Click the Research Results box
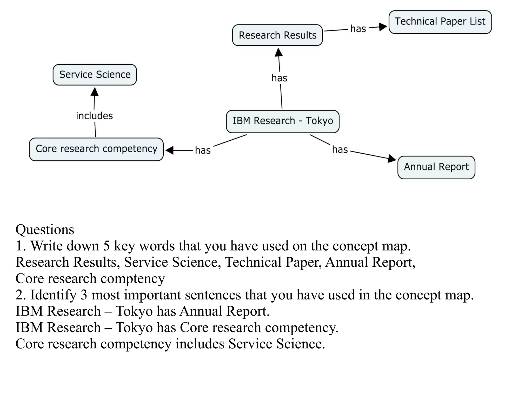277,35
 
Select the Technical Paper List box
440,22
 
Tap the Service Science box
95,75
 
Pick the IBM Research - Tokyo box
283,121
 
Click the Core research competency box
96,149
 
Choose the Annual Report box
436,167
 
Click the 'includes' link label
94,116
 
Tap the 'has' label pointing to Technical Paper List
358,29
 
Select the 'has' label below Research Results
279,78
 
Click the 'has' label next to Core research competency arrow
203,151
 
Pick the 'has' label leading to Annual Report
340,150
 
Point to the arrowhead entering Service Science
95,92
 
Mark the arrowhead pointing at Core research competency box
170,150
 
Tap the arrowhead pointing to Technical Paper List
383,27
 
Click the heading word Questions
45,230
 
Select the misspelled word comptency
132,279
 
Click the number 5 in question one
106,246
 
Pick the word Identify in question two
53,295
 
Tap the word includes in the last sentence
199,344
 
